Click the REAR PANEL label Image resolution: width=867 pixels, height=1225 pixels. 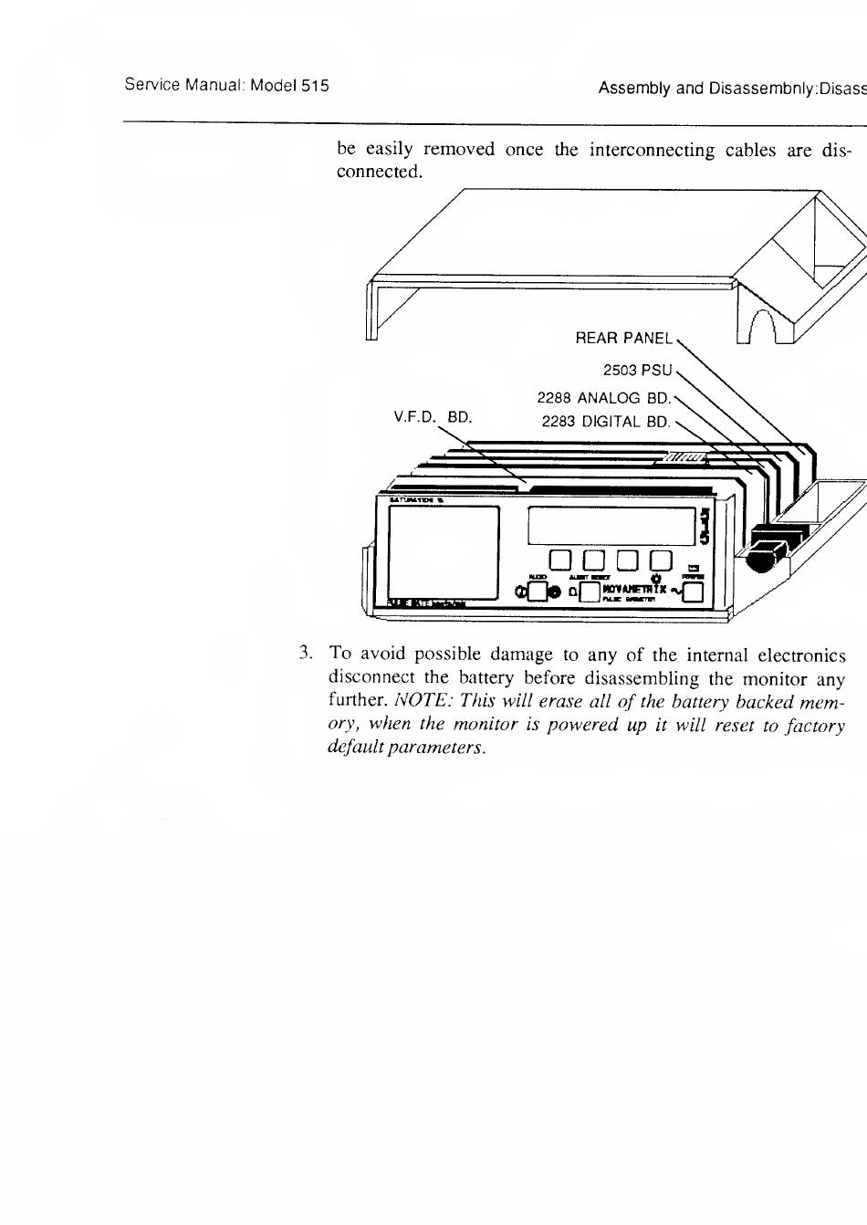623,339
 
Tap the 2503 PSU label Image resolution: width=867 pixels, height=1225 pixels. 636,371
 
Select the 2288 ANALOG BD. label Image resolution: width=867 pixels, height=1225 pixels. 603,398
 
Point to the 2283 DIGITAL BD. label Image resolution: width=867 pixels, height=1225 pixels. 605,422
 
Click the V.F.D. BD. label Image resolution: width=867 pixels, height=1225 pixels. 433,417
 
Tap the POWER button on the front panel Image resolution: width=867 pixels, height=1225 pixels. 693,593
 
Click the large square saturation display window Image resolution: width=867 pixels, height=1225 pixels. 444,551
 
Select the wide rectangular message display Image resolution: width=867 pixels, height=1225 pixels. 612,525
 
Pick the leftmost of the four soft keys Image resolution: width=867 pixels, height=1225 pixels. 559,561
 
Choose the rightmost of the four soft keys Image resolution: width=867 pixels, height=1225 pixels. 660,561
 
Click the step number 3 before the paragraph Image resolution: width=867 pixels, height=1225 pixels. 307,654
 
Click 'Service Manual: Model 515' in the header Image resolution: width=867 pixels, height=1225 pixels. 226,87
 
